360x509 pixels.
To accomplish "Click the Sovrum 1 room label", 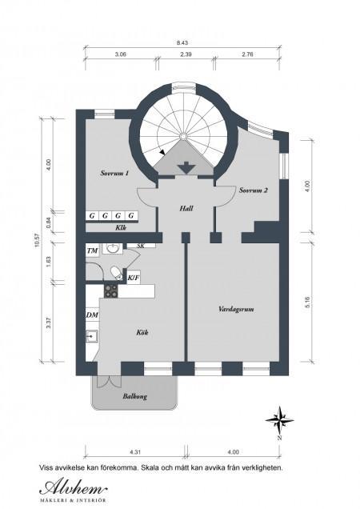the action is pyautogui.click(x=114, y=173).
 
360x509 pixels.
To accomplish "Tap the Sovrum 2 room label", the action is pyautogui.click(x=254, y=190).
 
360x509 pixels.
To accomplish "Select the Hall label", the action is pyautogui.click(x=186, y=208).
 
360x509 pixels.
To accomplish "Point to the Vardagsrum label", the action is pyautogui.click(x=236, y=309).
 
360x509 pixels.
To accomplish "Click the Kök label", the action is pyautogui.click(x=142, y=332).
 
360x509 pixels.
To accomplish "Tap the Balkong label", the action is pyautogui.click(x=134, y=396).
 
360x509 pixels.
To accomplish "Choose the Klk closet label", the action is pyautogui.click(x=121, y=227).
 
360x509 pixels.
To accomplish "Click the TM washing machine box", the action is pyautogui.click(x=93, y=251).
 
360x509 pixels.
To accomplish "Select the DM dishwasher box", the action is pyautogui.click(x=92, y=315).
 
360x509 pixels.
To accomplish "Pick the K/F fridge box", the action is pyautogui.click(x=134, y=278).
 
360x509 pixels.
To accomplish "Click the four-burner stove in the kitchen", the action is pyautogui.click(x=111, y=291).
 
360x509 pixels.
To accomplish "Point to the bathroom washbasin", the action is pyautogui.click(x=113, y=249).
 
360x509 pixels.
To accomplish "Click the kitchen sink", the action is pyautogui.click(x=91, y=336).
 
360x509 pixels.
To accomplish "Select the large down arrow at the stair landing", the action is pyautogui.click(x=186, y=168).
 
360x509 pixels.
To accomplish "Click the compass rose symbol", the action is pyautogui.click(x=279, y=420).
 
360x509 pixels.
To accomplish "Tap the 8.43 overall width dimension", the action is pyautogui.click(x=182, y=42).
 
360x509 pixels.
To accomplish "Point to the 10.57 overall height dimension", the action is pyautogui.click(x=37, y=240).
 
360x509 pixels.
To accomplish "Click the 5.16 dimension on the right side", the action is pyautogui.click(x=308, y=303).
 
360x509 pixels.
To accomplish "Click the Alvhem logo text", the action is pyautogui.click(x=74, y=488).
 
